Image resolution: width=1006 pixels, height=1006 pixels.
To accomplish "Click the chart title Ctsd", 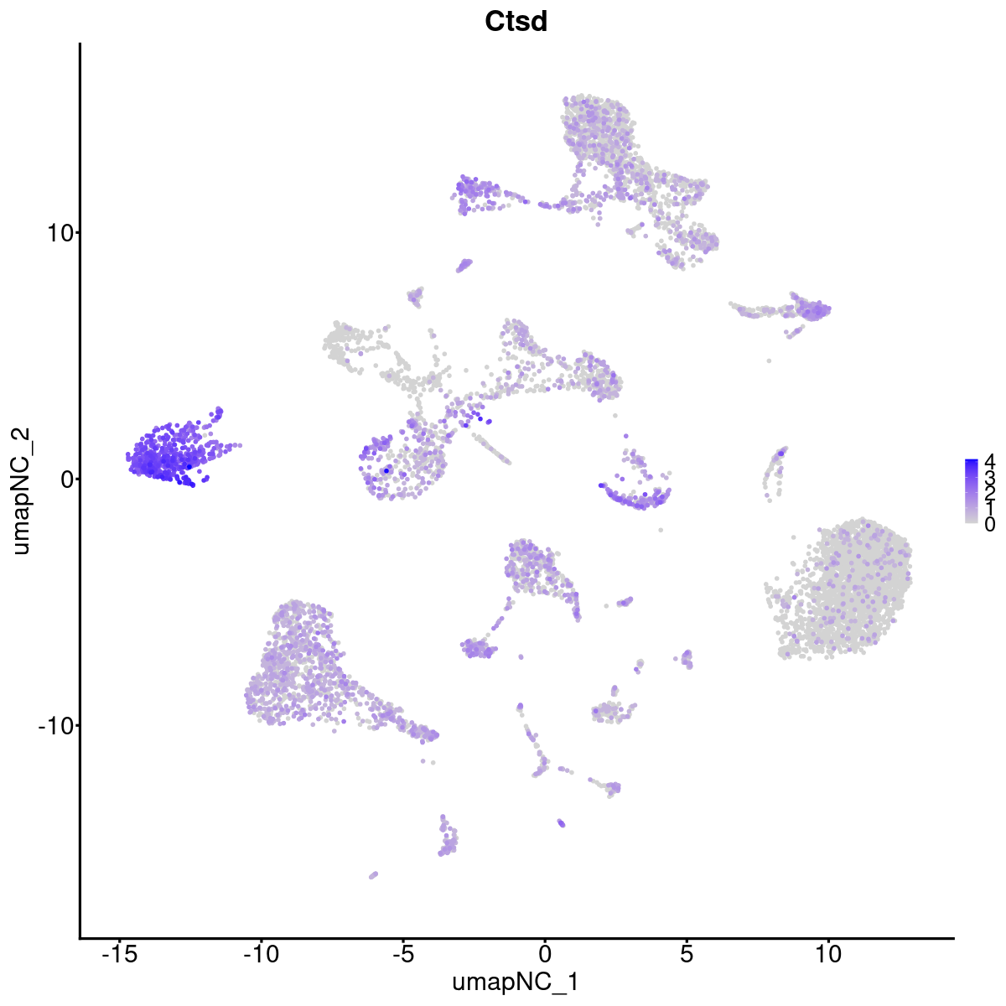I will tap(516, 22).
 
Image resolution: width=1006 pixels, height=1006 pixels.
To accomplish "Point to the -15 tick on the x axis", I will tap(118, 953).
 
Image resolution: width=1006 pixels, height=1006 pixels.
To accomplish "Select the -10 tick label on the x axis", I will tap(260, 953).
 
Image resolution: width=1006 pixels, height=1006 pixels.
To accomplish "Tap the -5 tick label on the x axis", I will tap(402, 953).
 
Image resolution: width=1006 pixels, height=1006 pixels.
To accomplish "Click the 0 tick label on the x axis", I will tap(544, 953).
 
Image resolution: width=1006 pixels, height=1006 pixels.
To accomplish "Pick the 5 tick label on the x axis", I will tap(687, 953).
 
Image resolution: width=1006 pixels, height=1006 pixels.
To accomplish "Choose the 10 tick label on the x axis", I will tap(828, 953).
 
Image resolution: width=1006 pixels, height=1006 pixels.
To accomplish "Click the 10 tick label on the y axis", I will tap(56, 232).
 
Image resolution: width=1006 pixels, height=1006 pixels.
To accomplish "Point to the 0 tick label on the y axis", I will tap(64, 479).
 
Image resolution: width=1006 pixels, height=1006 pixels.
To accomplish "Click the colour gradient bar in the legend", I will tap(972, 490).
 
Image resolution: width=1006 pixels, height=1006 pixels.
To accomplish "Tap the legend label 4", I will tap(989, 460).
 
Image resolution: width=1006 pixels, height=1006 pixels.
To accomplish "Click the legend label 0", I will tap(989, 524).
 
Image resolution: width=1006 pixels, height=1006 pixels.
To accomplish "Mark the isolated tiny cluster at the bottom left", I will tap(373, 874).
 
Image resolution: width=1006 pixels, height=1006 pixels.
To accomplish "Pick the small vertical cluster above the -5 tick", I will tap(449, 838).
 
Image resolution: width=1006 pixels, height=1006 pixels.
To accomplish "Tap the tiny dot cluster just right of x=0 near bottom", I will tap(561, 823).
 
